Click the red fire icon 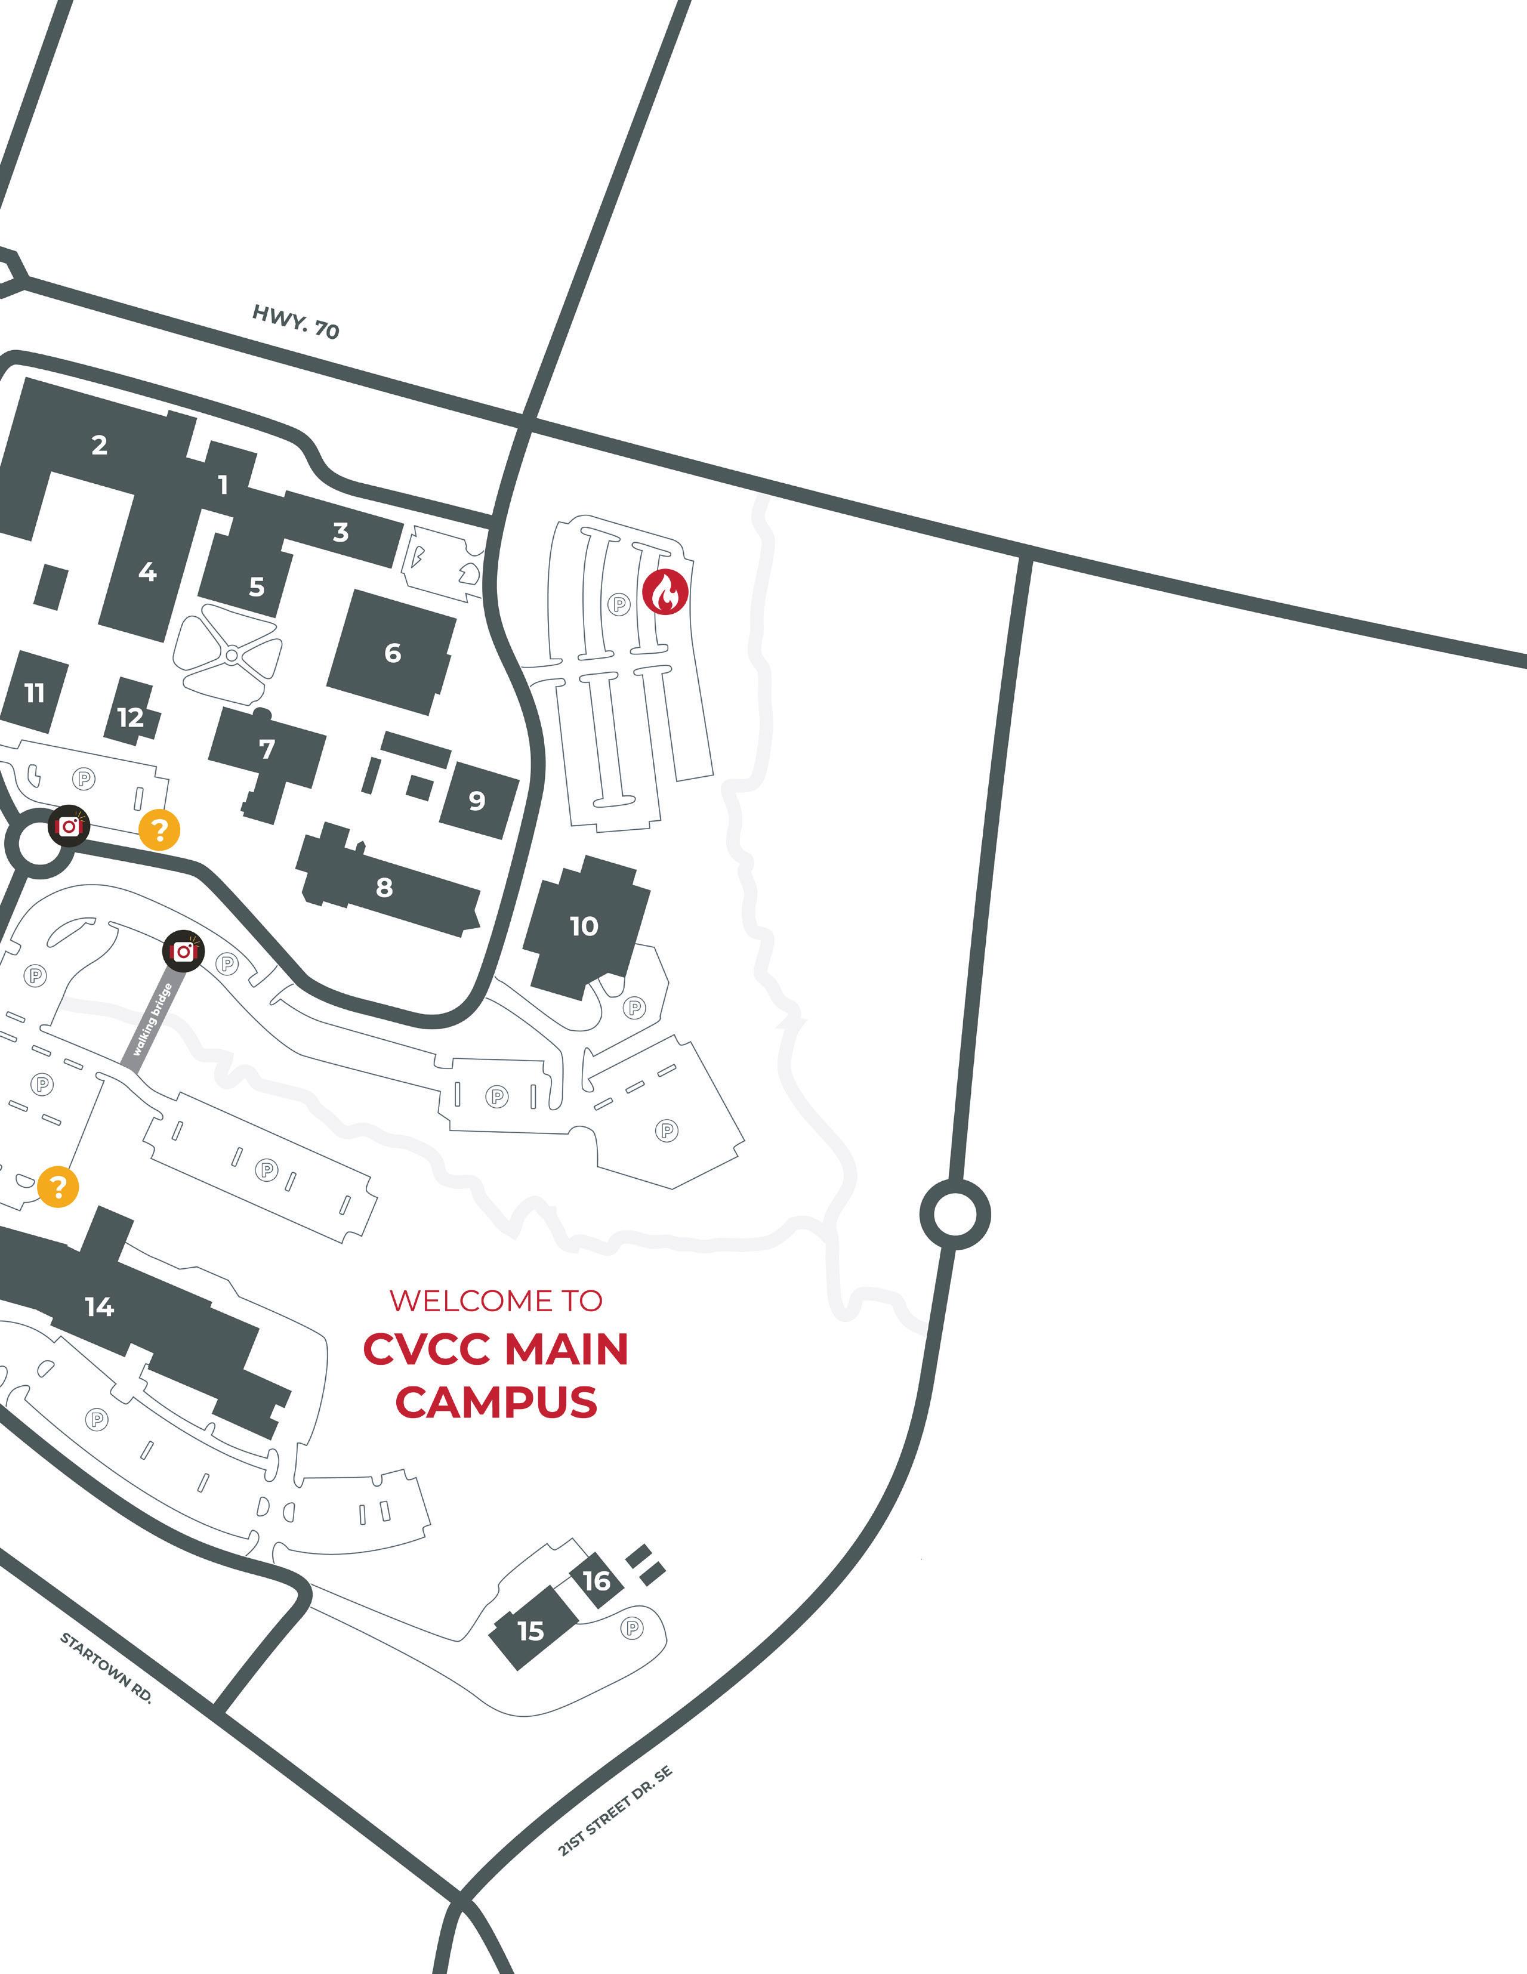point(665,592)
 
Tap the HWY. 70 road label point(295,322)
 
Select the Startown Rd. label point(106,1667)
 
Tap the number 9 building point(476,800)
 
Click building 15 point(530,1630)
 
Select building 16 point(597,1581)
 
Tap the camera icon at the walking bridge point(184,951)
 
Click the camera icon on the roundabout point(69,825)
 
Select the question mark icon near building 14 point(58,1186)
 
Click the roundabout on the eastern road point(955,1214)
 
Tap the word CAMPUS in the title point(496,1402)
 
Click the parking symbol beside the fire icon point(619,603)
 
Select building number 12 point(130,716)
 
